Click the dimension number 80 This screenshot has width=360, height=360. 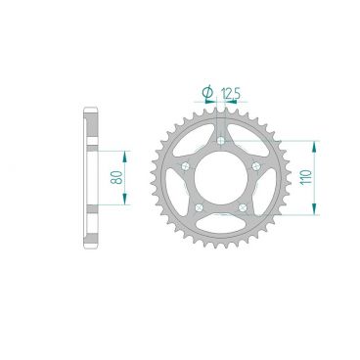(116, 179)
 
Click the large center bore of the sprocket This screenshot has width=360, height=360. (221, 176)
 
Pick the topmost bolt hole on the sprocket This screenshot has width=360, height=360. (221, 141)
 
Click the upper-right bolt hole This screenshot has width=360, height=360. (254, 165)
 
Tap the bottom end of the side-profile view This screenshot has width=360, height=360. (89, 247)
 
